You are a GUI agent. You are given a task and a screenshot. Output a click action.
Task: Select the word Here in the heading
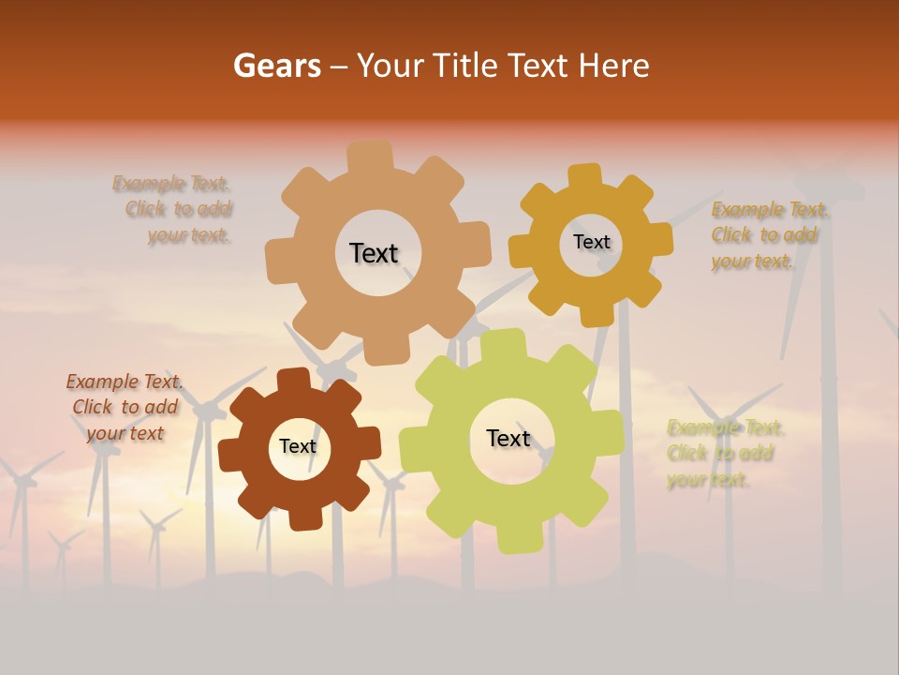613,66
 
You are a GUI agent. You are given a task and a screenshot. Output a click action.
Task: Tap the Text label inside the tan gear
374,253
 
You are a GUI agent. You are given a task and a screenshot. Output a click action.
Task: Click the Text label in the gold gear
591,242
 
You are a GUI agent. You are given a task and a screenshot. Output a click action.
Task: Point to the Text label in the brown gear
298,446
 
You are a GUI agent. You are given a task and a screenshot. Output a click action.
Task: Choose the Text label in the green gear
508,438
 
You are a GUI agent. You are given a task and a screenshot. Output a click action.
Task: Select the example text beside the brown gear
125,407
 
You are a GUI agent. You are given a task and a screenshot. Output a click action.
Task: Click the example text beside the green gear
723,454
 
